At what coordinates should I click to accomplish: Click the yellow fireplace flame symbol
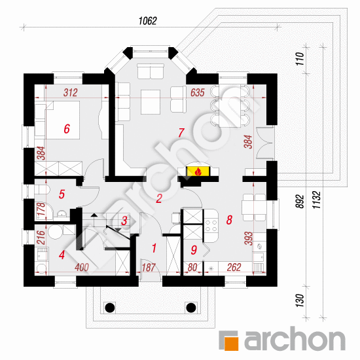tap(198, 171)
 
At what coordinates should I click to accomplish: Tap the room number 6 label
tap(67, 129)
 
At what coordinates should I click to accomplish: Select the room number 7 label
tap(181, 132)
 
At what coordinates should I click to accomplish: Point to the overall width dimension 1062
tap(148, 21)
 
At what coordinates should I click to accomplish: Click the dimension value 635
tap(198, 92)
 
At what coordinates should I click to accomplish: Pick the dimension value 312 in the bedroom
tap(71, 92)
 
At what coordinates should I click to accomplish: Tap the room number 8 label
tap(229, 220)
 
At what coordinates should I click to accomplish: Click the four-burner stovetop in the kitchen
tap(211, 225)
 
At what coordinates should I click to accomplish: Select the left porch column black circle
tap(109, 308)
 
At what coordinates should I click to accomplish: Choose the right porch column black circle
tap(191, 308)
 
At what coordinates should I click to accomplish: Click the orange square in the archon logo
tap(231, 344)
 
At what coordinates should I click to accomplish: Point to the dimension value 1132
tap(316, 200)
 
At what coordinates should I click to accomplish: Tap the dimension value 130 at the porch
tap(299, 300)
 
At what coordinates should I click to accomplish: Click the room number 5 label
tap(62, 194)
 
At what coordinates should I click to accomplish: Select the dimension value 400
tap(82, 267)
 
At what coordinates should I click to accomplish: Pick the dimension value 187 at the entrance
tap(149, 268)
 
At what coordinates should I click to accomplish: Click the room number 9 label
tap(194, 250)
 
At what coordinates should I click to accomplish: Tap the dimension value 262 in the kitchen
tap(234, 267)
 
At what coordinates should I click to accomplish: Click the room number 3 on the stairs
tap(124, 221)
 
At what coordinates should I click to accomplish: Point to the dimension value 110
tap(299, 59)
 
